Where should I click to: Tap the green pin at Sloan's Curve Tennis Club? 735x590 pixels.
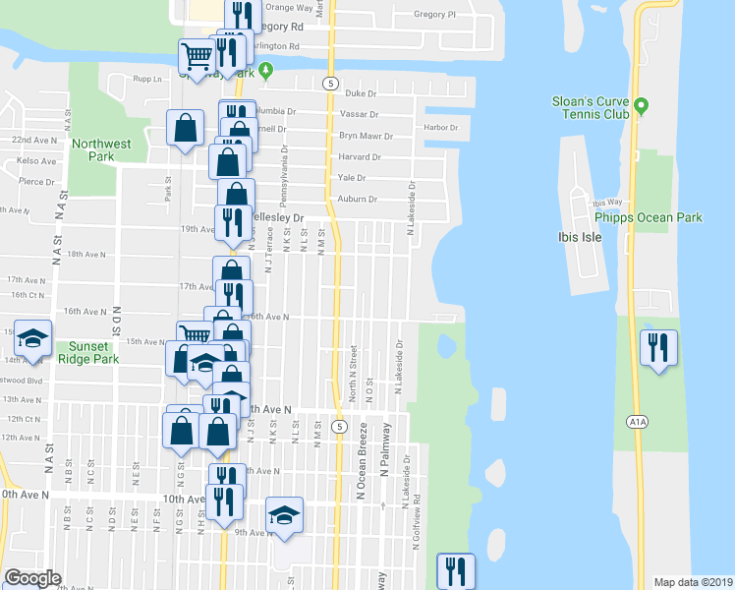tap(641, 104)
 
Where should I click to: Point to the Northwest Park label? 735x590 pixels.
tap(101, 150)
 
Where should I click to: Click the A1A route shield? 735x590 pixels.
tap(636, 422)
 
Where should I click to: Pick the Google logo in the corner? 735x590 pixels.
tap(32, 578)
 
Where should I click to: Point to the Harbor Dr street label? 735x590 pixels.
tap(441, 128)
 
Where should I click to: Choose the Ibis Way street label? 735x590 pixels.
tap(608, 202)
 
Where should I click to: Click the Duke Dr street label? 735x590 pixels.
tap(362, 93)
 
